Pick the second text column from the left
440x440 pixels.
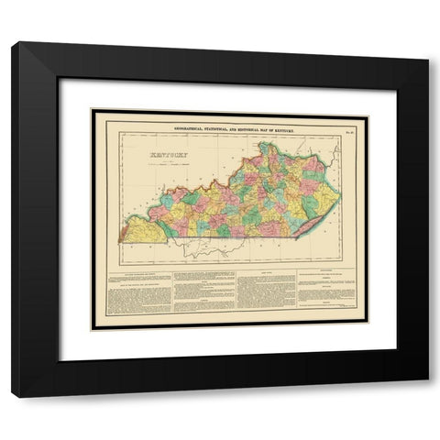tap(203, 291)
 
